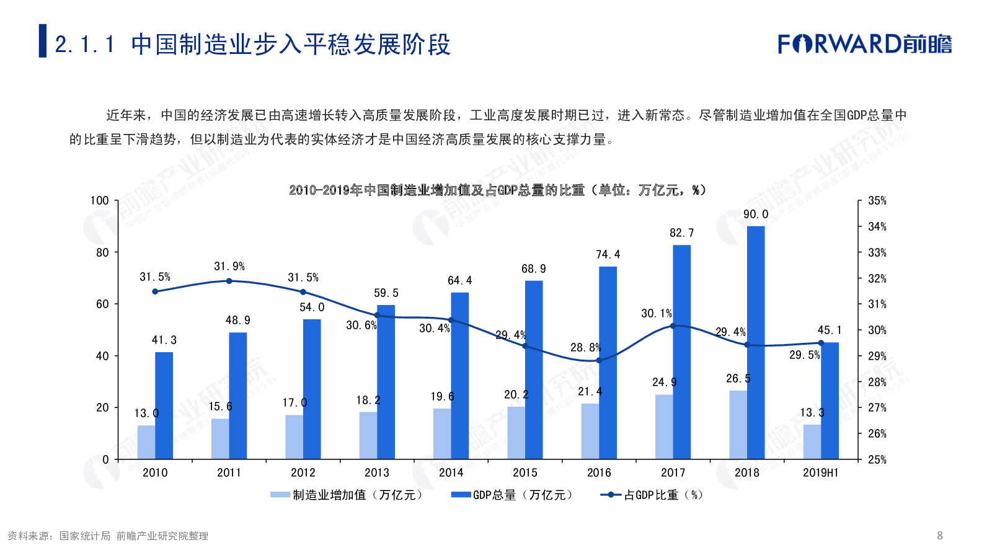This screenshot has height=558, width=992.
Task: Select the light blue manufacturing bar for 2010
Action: (146, 442)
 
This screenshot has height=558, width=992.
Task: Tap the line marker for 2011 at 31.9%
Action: (229, 281)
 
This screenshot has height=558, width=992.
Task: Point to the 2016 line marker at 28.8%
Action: (599, 360)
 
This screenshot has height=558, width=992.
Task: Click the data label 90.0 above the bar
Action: (756, 215)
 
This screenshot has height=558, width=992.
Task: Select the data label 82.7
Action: (681, 233)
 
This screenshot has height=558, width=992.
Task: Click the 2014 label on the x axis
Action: (451, 473)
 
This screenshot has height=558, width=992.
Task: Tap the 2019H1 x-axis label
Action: (820, 473)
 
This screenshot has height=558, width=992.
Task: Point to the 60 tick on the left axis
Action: (102, 304)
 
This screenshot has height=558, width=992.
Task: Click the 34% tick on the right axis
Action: (877, 227)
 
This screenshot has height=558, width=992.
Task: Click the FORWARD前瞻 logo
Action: (865, 44)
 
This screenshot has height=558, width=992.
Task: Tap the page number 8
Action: (940, 536)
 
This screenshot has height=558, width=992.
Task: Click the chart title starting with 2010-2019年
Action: (497, 190)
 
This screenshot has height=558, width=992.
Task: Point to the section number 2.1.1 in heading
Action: (85, 45)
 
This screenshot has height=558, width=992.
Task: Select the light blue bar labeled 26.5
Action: (738, 425)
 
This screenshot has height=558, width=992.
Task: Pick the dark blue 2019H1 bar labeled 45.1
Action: (830, 401)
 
